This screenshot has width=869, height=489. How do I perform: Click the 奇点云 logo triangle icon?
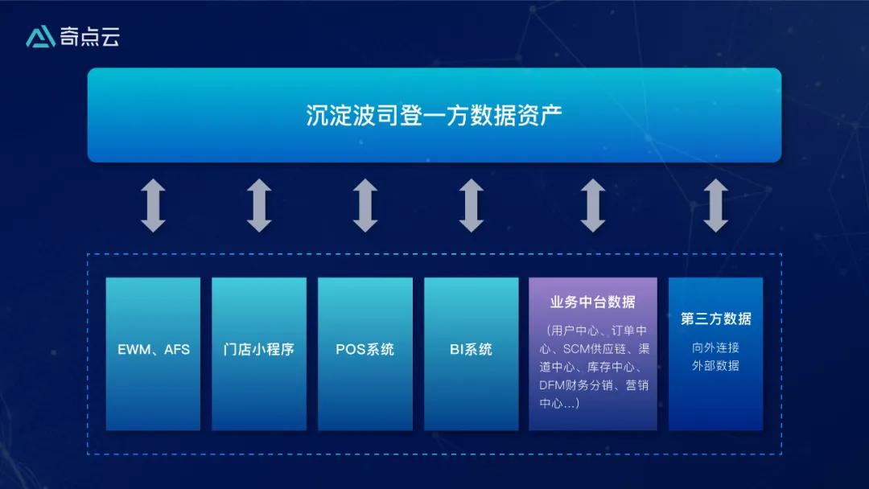pos(39,37)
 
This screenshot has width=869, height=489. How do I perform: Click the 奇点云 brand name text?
pos(89,37)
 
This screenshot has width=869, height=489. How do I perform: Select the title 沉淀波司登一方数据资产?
pos(434,114)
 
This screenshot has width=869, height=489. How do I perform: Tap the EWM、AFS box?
pos(153,350)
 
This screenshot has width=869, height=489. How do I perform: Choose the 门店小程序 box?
pos(258,350)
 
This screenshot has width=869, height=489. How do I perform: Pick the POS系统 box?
pos(364,350)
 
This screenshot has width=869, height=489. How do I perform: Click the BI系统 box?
pos(471,350)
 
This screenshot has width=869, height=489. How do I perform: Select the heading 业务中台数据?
pos(592,302)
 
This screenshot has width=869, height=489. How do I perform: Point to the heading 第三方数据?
pos(715,318)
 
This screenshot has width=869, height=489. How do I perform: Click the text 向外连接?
pos(715,348)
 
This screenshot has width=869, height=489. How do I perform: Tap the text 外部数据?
pos(715,366)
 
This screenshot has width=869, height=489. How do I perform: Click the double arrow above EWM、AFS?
pos(153,206)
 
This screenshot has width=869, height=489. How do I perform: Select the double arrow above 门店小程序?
pos(258,206)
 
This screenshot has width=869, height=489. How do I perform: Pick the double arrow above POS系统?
pos(364,206)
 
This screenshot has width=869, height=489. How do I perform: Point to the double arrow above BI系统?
pos(471,206)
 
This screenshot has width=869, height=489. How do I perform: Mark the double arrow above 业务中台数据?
pos(592,206)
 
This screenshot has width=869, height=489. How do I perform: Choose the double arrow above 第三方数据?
pos(715,206)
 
